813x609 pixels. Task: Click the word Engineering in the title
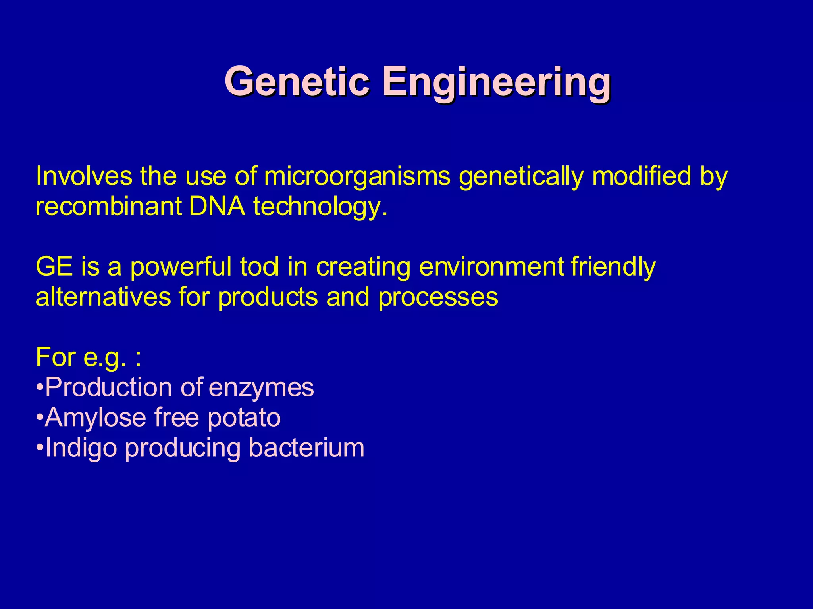pyautogui.click(x=496, y=82)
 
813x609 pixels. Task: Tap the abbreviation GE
pyautogui.click(x=54, y=267)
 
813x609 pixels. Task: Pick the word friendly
pyautogui.click(x=613, y=268)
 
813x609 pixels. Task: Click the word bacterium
pyautogui.click(x=306, y=448)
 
